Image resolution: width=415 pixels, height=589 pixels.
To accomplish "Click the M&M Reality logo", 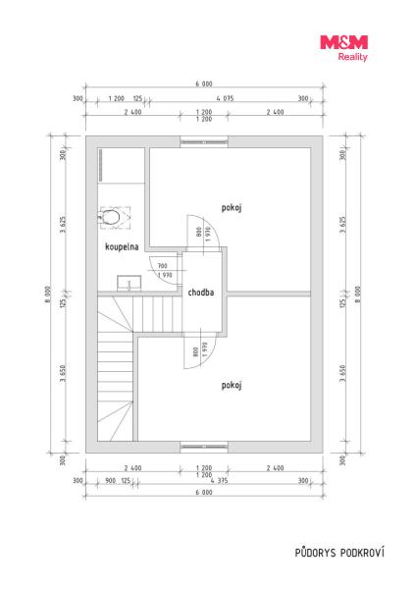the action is click(343, 48).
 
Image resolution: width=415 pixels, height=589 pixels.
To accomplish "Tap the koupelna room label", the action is click(122, 246).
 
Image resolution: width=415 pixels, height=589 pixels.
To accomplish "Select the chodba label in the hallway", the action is click(201, 293).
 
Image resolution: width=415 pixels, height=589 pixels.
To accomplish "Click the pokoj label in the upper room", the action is click(231, 208).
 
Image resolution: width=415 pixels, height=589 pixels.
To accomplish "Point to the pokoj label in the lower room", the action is click(231, 386).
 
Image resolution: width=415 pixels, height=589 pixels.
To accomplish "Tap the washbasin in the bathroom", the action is click(129, 284).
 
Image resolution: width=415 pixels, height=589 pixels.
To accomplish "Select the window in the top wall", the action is click(204, 142).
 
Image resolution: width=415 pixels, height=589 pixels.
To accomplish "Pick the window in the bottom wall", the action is click(204, 446).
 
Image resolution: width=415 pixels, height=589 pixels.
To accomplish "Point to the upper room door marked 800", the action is click(203, 233).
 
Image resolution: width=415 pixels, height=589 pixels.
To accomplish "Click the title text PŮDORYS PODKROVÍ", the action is click(339, 553).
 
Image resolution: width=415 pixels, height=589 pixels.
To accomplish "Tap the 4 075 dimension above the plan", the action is click(225, 98).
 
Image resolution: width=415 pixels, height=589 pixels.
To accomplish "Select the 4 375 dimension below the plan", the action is click(219, 480).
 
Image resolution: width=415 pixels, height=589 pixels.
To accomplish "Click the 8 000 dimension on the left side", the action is click(48, 294).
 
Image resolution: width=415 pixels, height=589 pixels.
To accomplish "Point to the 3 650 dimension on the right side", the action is click(342, 373).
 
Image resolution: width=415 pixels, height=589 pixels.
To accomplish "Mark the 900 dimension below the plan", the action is click(111, 480).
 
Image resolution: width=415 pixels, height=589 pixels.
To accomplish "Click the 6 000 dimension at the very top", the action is click(204, 84).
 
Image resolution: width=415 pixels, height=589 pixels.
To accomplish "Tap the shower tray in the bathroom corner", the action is click(122, 166).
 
